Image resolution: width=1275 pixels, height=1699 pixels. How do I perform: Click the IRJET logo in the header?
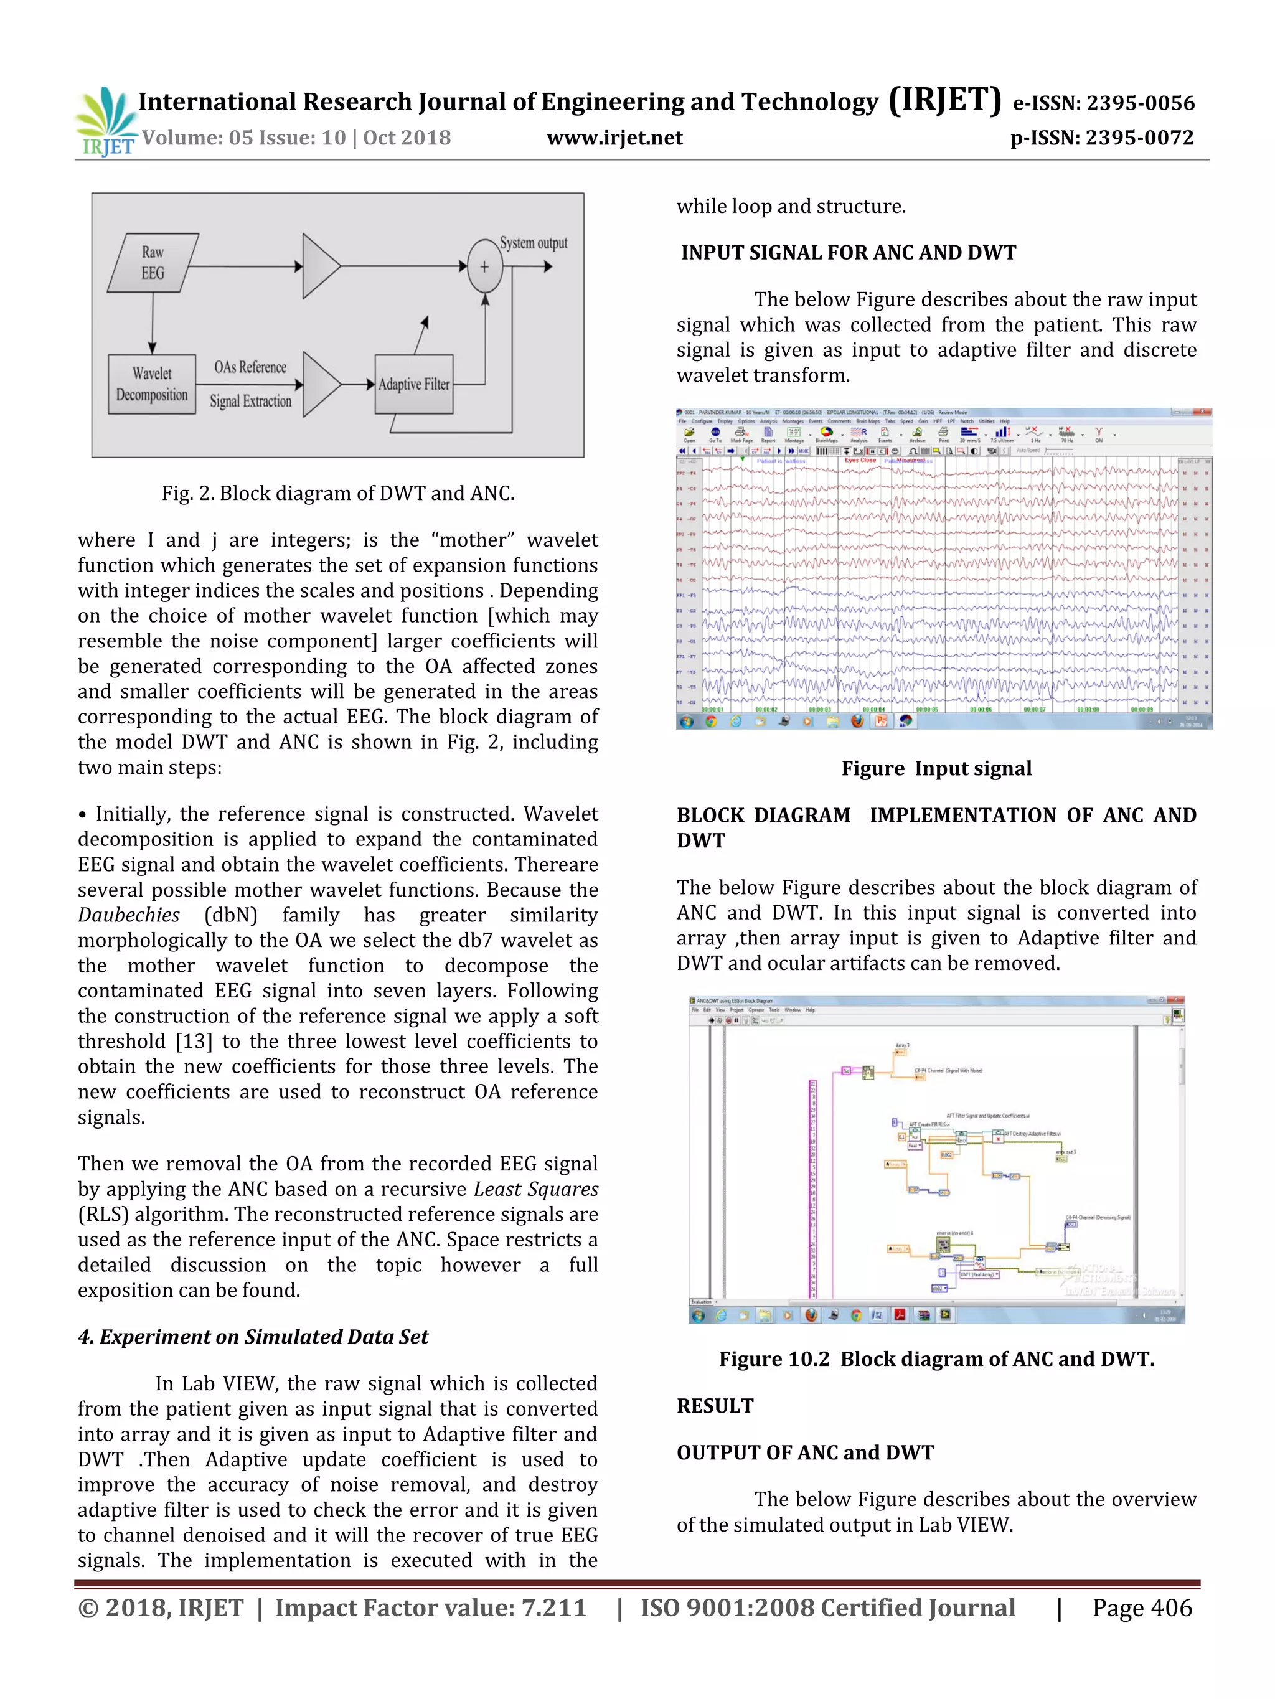(x=106, y=121)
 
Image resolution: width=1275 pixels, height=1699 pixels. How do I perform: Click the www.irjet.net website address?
(x=614, y=138)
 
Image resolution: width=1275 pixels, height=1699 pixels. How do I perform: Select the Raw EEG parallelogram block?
(x=153, y=263)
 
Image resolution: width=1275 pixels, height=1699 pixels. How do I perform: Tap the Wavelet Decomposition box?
(x=152, y=384)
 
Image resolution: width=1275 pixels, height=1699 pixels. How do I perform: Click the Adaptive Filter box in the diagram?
(x=413, y=384)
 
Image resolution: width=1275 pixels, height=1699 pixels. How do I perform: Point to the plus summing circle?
(x=484, y=266)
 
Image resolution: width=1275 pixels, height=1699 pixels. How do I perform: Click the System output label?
(x=533, y=243)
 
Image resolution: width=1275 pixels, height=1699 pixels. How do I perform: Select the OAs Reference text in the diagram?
(x=250, y=367)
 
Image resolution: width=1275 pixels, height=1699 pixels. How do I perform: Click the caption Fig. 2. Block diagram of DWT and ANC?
(x=338, y=493)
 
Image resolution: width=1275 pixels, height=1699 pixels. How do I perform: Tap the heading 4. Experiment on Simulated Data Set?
(x=253, y=1337)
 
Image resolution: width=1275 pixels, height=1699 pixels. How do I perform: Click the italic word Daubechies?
(x=128, y=915)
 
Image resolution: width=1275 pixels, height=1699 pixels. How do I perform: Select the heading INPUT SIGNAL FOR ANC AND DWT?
(x=848, y=253)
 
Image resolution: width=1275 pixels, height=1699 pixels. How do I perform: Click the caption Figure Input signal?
(x=936, y=769)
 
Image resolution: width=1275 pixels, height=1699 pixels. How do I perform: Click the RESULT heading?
(x=715, y=1406)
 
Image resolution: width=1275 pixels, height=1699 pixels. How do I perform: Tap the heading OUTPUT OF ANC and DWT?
(x=805, y=1452)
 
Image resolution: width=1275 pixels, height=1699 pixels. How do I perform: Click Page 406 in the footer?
(x=1142, y=1607)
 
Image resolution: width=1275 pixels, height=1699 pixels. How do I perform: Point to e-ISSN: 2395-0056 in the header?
(x=1104, y=103)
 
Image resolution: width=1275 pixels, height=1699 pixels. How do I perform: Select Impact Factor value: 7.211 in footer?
(x=430, y=1607)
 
